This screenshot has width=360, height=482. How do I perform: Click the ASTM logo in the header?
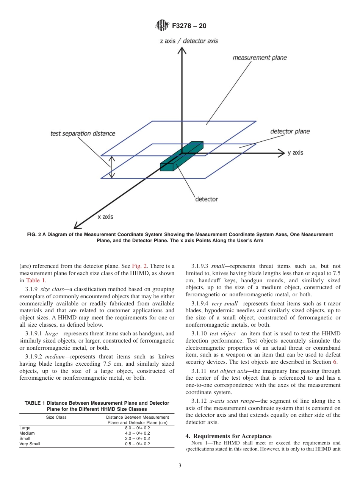pyautogui.click(x=162, y=25)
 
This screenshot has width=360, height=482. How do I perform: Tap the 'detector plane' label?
pyautogui.click(x=290, y=131)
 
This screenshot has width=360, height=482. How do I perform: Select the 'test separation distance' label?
pyautogui.click(x=83, y=133)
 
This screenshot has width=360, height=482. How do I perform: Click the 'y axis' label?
pyautogui.click(x=295, y=153)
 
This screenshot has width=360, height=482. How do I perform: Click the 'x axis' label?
pyautogui.click(x=105, y=217)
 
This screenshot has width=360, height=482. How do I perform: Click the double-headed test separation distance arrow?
pyautogui.click(x=111, y=167)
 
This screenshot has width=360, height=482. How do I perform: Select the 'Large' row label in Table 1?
pyautogui.click(x=25, y=428)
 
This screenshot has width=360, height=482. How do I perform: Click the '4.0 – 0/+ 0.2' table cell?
pyautogui.click(x=137, y=433)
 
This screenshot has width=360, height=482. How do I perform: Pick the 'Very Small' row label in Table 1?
pyautogui.click(x=30, y=444)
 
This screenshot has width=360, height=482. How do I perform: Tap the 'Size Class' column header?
pyautogui.click(x=56, y=417)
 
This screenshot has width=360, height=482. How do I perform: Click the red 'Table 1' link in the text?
pyautogui.click(x=36, y=280)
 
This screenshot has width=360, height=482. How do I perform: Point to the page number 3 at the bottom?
pyautogui.click(x=180, y=466)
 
